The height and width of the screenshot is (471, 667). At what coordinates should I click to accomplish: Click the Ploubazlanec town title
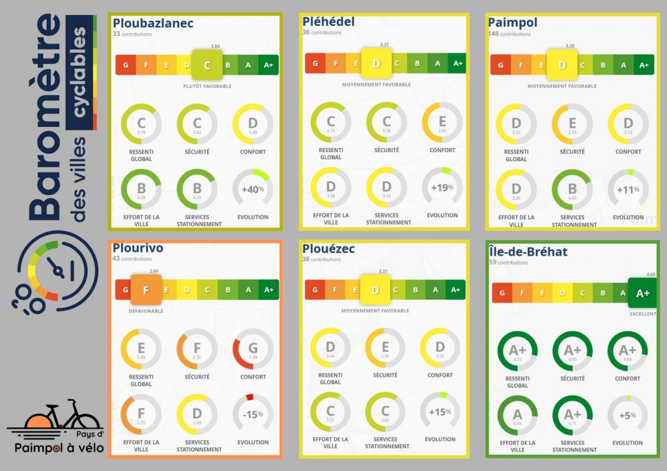click(x=153, y=23)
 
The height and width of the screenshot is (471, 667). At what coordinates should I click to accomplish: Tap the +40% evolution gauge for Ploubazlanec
click(x=253, y=189)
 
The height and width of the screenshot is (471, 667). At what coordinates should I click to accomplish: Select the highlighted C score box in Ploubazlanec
click(x=207, y=64)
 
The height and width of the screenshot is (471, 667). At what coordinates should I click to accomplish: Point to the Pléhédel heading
click(x=328, y=21)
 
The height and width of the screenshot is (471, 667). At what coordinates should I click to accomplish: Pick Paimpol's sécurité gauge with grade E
click(x=573, y=124)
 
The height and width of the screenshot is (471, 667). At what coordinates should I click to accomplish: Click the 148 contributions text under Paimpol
click(x=509, y=34)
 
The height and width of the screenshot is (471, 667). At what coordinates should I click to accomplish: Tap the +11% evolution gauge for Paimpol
click(x=628, y=189)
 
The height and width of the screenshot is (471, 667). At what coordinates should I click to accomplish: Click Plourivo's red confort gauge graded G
click(x=253, y=349)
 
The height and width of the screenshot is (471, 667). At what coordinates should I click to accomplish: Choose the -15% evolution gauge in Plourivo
click(x=253, y=414)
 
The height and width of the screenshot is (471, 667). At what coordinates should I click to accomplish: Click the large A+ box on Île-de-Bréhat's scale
click(x=642, y=293)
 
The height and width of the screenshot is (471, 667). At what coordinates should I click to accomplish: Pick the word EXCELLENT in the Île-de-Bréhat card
click(x=642, y=314)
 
